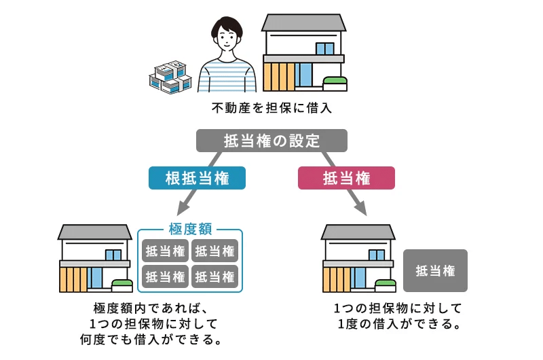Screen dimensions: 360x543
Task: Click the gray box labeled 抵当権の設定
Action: point(271,141)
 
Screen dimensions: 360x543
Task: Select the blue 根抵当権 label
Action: point(197,179)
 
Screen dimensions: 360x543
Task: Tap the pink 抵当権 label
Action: point(346,179)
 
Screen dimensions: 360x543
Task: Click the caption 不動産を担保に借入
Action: point(271,109)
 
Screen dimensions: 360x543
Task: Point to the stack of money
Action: point(171,77)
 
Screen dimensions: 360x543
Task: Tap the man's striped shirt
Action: point(228,77)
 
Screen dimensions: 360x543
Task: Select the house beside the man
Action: point(304,54)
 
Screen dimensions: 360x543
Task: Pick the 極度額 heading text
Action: point(190,230)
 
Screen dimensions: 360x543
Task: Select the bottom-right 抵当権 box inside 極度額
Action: point(215,276)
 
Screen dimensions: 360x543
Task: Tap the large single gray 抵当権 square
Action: point(435,270)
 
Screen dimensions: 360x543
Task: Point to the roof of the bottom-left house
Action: point(94,232)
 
